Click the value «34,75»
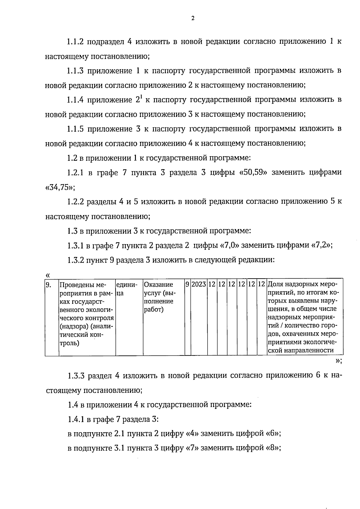pyautogui.click(x=58, y=188)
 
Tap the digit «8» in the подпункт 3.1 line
pyautogui.click(x=273, y=448)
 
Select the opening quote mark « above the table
pyautogui.click(x=47, y=275)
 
